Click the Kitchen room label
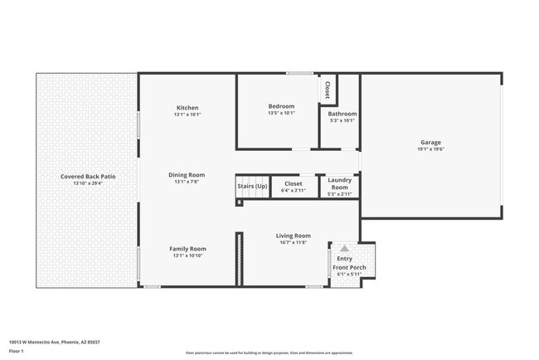[x=187, y=108]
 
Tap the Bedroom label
[x=280, y=106]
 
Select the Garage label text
[x=430, y=142]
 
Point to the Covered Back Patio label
[x=86, y=176]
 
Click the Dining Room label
[x=187, y=175]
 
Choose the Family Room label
[x=187, y=249]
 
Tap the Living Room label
[x=293, y=236]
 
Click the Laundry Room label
[x=340, y=183]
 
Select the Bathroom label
[x=342, y=114]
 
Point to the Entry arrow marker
[x=344, y=248]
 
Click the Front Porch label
[x=349, y=268]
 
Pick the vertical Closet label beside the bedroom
[x=327, y=90]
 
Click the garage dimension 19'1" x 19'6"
[x=430, y=149]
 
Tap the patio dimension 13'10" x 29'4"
[x=86, y=183]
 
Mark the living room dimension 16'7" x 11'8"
[x=293, y=242]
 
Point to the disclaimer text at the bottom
[x=269, y=353]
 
